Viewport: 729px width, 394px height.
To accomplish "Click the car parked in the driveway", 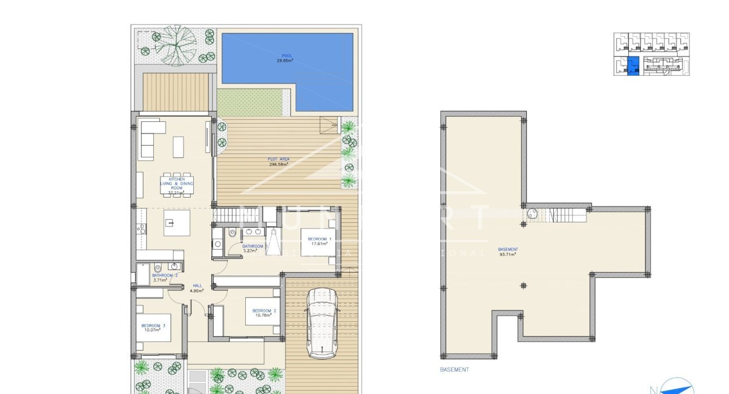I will pyautogui.click(x=321, y=322).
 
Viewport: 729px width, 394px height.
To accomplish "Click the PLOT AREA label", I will pyautogui.click(x=279, y=159).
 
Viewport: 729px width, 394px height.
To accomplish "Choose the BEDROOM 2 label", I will pyautogui.click(x=264, y=310).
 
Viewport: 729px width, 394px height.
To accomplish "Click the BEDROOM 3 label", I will pyautogui.click(x=153, y=325).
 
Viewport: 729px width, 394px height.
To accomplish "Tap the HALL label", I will pyautogui.click(x=197, y=286).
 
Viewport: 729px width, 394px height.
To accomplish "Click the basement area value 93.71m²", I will pyautogui.click(x=507, y=255).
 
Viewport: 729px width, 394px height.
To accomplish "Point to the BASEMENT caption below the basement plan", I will pyautogui.click(x=454, y=370).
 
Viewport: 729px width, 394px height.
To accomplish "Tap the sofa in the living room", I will pyautogui.click(x=147, y=139).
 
